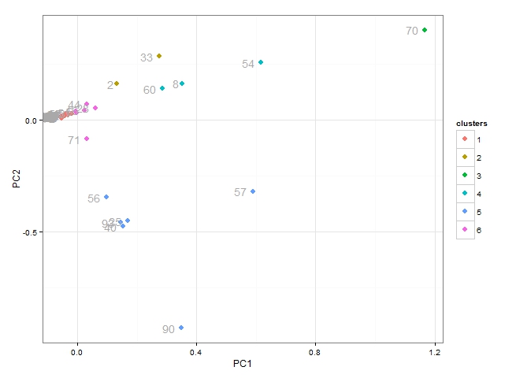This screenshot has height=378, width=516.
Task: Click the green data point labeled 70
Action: [x=425, y=30]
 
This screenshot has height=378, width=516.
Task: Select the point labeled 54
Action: [x=261, y=62]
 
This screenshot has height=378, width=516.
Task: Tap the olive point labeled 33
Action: [x=159, y=56]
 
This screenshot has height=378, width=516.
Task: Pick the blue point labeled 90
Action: [x=181, y=328]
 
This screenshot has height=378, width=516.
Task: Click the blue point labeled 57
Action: [x=253, y=191]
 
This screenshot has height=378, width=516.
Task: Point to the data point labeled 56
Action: [x=106, y=197]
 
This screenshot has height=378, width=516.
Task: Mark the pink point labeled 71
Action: [x=87, y=139]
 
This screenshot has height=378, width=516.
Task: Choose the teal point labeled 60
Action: [x=162, y=88]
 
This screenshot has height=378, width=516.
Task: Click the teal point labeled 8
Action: [x=182, y=83]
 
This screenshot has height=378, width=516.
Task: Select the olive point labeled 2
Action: [x=117, y=83]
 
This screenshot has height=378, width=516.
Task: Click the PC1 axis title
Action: [x=242, y=363]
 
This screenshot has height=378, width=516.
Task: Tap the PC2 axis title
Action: [x=16, y=180]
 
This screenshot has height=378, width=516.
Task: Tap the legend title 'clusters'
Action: [x=471, y=124]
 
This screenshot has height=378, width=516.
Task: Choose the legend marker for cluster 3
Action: [x=465, y=176]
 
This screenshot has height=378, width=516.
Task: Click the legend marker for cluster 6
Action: [x=465, y=230]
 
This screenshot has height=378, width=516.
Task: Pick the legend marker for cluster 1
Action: [x=465, y=139]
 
